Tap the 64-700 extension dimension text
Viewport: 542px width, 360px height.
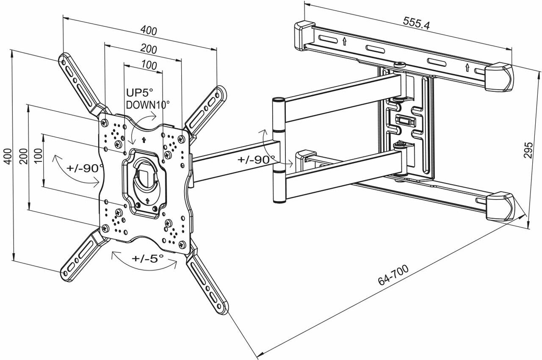[x=393, y=276]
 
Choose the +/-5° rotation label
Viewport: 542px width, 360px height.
[x=147, y=258]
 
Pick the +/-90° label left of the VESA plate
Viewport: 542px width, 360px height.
[x=85, y=167]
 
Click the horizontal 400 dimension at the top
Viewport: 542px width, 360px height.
[x=149, y=31]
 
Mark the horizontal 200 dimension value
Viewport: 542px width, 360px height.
[x=149, y=49]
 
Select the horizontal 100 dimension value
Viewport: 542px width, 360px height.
[x=149, y=66]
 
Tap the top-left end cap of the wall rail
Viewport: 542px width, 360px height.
[x=304, y=35]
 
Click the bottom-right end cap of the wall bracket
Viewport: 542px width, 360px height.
[x=501, y=207]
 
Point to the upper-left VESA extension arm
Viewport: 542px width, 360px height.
[x=80, y=80]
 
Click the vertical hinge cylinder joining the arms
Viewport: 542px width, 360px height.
[x=279, y=150]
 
